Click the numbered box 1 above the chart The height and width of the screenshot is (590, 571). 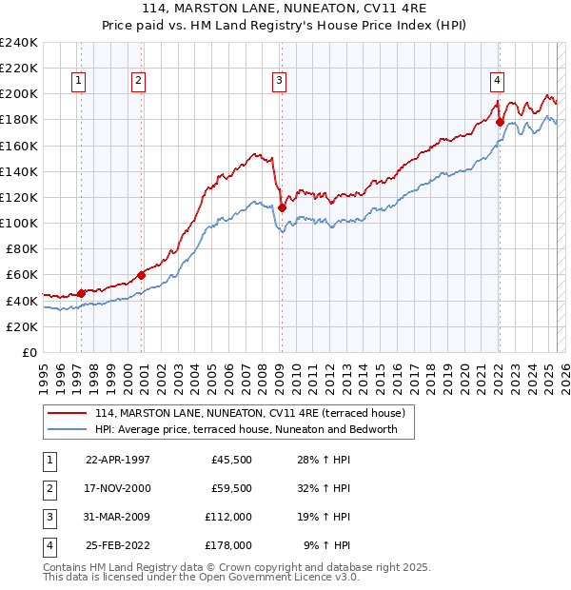click(x=77, y=81)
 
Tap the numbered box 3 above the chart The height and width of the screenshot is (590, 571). click(x=279, y=81)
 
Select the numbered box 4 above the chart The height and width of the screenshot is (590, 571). click(x=497, y=81)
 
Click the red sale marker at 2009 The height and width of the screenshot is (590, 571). click(x=282, y=206)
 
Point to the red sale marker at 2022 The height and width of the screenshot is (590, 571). click(x=500, y=122)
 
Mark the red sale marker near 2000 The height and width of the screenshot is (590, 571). click(x=141, y=275)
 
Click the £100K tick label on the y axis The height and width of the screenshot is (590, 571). click(x=19, y=223)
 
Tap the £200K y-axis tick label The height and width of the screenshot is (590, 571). click(x=19, y=94)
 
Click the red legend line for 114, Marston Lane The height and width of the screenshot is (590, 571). click(x=68, y=413)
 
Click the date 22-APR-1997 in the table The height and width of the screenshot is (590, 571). click(x=118, y=460)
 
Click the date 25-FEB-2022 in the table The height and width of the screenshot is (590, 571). click(x=118, y=545)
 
